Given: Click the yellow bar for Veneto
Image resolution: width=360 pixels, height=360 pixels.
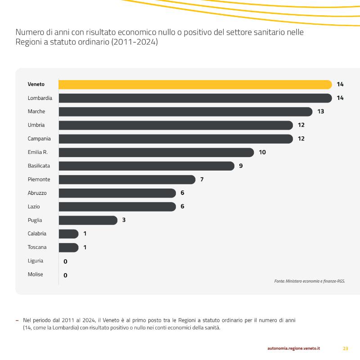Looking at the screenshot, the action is click(x=195, y=85).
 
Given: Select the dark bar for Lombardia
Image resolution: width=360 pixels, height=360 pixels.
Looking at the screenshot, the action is click(x=195, y=98).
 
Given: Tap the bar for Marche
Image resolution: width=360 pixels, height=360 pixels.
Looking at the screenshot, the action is click(x=185, y=112).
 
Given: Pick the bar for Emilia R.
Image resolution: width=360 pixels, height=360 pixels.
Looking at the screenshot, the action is click(x=156, y=153).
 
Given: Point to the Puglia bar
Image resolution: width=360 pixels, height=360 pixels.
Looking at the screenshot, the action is click(x=88, y=220).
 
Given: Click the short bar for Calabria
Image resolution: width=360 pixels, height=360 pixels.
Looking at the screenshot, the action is click(x=68, y=234).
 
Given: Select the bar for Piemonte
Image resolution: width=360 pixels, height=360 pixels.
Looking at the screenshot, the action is click(x=127, y=180).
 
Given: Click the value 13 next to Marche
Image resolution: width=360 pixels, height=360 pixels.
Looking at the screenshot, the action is click(x=321, y=112).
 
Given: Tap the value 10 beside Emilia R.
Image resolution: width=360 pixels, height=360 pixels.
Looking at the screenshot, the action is click(x=262, y=152).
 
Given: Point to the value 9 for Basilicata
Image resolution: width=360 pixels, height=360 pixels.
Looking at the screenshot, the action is click(x=241, y=166).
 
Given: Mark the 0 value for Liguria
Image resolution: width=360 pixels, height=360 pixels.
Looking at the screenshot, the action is click(x=65, y=261).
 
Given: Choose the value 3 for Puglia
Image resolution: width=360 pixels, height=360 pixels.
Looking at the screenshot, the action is click(x=124, y=220).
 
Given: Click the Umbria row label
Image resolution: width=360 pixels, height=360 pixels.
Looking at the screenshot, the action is click(x=36, y=125).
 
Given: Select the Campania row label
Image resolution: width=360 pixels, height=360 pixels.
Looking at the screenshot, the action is click(x=39, y=139).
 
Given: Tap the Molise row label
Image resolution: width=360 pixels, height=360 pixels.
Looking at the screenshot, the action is click(x=36, y=274).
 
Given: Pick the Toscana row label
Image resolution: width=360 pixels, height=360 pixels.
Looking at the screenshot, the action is click(x=37, y=247).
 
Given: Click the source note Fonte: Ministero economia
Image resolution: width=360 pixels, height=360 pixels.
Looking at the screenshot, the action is click(x=310, y=281).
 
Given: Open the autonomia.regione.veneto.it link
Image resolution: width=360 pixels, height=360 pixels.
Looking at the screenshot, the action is click(x=294, y=348).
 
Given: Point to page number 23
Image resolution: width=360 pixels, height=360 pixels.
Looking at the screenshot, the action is click(x=346, y=348).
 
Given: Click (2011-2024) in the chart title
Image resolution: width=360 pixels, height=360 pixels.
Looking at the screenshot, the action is click(x=135, y=42).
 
